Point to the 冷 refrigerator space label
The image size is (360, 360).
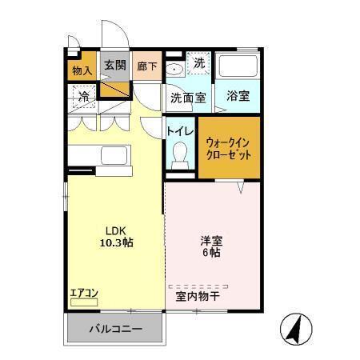tap(82, 97)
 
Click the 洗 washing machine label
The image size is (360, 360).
tap(199, 62)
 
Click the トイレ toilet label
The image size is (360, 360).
tap(179, 127)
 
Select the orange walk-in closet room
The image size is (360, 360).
tap(229, 148)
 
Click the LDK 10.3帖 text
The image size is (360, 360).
tap(117, 236)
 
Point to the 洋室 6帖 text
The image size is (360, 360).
tap(210, 245)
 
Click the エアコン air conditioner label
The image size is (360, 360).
tap(83, 292)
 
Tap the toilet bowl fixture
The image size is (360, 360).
tap(180, 151)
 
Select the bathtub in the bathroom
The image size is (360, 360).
tap(238, 67)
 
